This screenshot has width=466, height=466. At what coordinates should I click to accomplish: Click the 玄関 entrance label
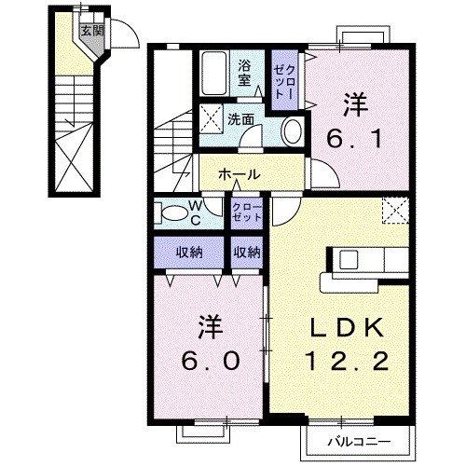[x=88, y=31]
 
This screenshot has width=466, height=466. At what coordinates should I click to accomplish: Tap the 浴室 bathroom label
[x=246, y=73]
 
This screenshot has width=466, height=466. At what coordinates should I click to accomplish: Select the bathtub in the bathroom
[x=213, y=71]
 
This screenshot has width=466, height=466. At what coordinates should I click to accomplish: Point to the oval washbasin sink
[x=292, y=130]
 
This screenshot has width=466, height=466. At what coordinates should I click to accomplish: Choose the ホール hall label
[x=240, y=175]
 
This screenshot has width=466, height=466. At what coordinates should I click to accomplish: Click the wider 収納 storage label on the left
[x=189, y=252]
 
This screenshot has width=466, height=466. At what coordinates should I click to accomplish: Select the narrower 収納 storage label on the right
[x=247, y=252]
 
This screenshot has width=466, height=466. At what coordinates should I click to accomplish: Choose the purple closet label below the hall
[x=247, y=211]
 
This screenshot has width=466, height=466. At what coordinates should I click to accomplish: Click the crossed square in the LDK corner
[x=396, y=212]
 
